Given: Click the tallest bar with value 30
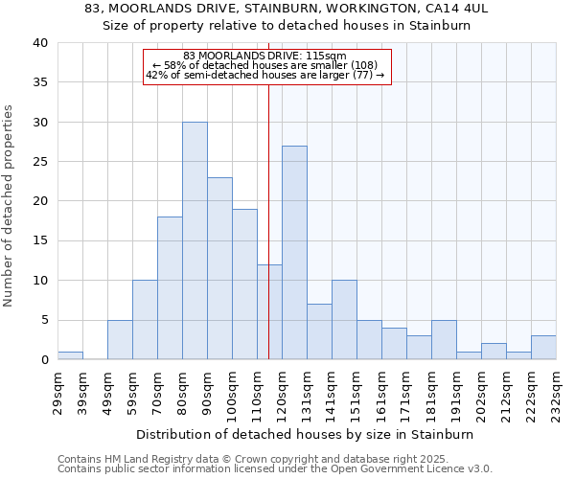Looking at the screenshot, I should tap(195, 240).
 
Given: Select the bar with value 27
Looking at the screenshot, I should tap(294, 253).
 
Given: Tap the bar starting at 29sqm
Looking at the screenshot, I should tap(70, 355).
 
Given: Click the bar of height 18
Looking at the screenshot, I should tap(170, 287).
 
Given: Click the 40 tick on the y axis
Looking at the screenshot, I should tap(40, 43).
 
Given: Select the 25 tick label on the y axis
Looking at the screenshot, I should tap(40, 162).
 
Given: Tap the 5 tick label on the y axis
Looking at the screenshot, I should tap(44, 320).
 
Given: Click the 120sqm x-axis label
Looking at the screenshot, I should tap(283, 393).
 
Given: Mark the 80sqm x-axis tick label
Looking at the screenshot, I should tap(183, 393).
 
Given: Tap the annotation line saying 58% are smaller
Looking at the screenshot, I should tap(264, 65).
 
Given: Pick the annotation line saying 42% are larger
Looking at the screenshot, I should tap(264, 75).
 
